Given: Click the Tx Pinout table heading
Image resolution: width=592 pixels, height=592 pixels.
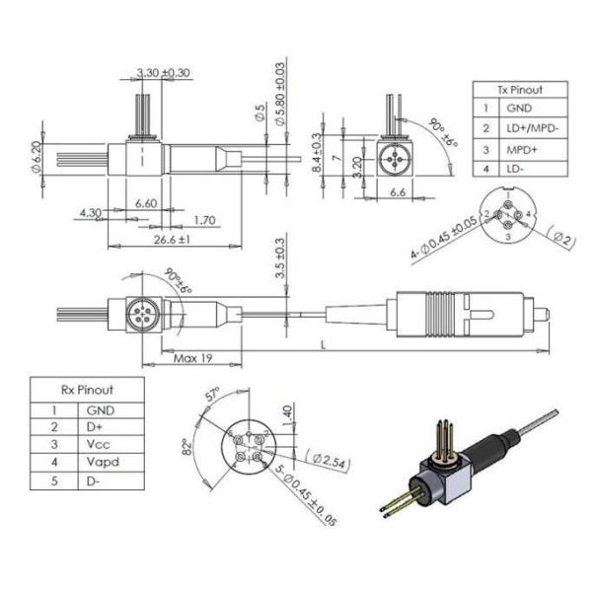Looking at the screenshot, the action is tap(520, 90).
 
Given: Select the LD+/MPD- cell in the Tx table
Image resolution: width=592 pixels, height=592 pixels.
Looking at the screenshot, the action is tap(532, 128).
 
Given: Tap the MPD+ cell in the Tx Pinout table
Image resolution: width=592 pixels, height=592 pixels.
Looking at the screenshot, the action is tap(521, 150).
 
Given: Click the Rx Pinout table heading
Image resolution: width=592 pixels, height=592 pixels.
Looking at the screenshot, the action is tap(87, 390).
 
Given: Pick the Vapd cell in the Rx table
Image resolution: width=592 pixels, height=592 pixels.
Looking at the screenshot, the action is tap(103, 462).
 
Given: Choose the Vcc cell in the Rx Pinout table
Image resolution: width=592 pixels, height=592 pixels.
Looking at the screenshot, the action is tap(98, 444).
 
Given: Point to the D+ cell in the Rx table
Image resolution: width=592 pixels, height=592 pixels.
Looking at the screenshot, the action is tap(95, 427).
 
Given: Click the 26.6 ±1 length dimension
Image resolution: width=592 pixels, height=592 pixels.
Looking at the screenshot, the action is tap(172, 240).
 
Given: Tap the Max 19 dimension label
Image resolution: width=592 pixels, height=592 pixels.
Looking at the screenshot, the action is tap(193, 358).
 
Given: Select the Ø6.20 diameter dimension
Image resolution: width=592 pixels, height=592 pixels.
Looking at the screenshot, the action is tap(36, 156).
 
